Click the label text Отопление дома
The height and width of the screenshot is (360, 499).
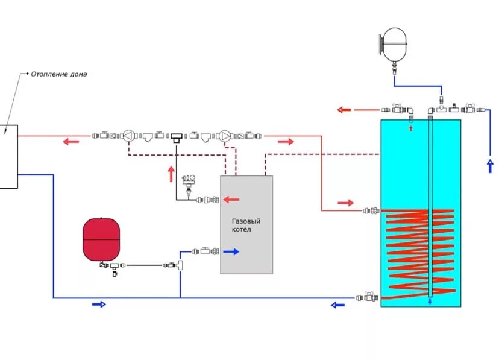(58, 74)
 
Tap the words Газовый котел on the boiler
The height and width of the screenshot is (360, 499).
(246, 226)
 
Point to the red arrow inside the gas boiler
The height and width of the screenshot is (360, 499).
(232, 199)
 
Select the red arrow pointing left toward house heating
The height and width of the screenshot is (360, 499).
(71, 142)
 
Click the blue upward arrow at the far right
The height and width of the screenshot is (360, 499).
(489, 165)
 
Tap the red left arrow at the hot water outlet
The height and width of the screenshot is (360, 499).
(344, 110)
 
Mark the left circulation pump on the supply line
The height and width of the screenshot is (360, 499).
(128, 136)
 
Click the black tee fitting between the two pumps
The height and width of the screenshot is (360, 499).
(177, 137)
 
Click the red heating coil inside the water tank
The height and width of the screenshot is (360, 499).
(416, 250)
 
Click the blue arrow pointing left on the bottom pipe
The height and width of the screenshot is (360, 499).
(337, 305)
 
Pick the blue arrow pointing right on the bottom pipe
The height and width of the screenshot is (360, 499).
(98, 305)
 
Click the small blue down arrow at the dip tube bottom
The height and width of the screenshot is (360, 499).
(430, 302)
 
